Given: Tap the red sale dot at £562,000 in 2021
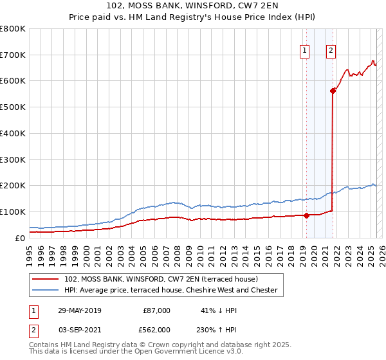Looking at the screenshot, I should click(333, 91).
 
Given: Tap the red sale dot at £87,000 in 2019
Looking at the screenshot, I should click(306, 215).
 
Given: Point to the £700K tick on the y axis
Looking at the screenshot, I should click(13, 55).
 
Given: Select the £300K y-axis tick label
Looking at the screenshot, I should click(13, 159).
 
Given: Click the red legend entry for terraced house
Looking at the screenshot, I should click(161, 279).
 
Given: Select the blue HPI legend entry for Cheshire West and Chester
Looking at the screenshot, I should click(170, 291).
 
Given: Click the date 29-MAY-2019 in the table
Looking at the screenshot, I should click(79, 310).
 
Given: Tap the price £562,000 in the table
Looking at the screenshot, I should click(156, 329).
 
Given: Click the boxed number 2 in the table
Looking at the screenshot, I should click(33, 329).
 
